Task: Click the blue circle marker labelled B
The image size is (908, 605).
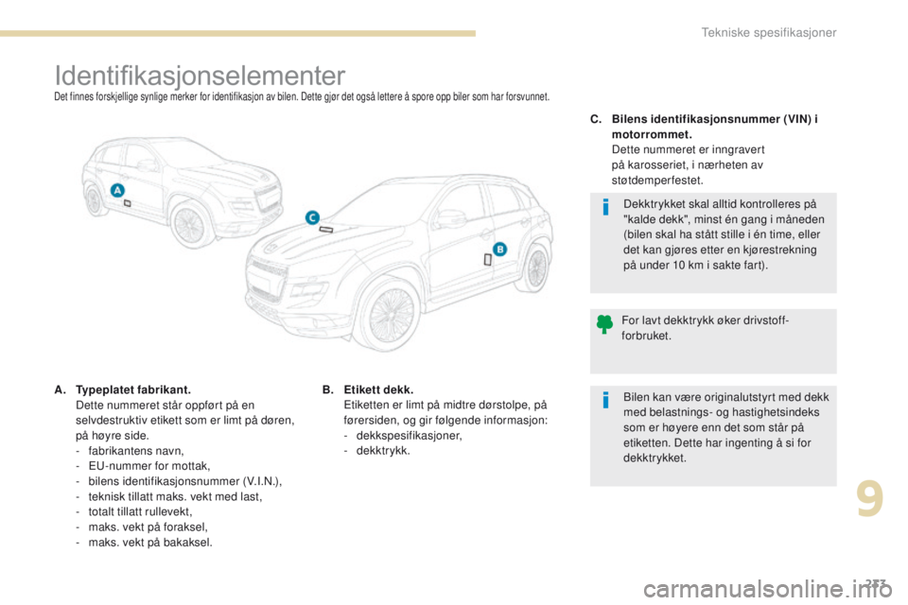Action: (500, 249)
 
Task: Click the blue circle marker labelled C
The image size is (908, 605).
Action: (311, 217)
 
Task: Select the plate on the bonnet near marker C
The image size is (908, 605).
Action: (326, 230)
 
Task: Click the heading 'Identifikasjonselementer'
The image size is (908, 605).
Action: (201, 74)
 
